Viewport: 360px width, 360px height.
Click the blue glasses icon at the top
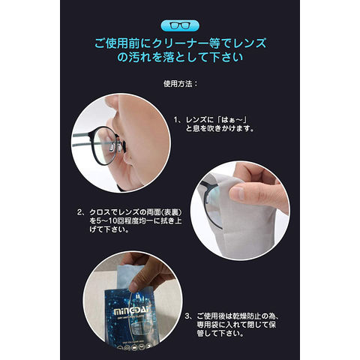pyautogui.click(x=180, y=25)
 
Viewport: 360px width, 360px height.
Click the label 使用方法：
pyautogui.click(x=180, y=84)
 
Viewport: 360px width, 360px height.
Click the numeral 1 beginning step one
pyautogui.click(x=176, y=120)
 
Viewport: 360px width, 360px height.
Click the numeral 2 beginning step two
pyautogui.click(x=79, y=212)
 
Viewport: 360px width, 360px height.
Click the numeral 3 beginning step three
pyautogui.click(x=187, y=316)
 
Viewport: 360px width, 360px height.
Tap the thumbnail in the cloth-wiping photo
pyautogui.click(x=237, y=193)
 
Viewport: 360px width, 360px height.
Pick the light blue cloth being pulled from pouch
pyautogui.click(x=129, y=274)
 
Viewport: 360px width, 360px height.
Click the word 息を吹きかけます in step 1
pyautogui.click(x=220, y=129)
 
